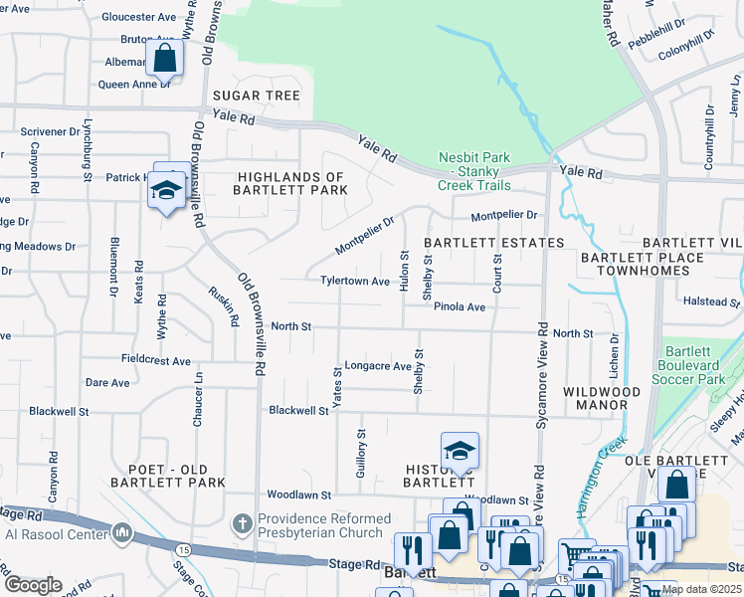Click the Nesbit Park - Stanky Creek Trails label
pyautogui.click(x=474, y=171)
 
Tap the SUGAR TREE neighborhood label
pyautogui.click(x=256, y=96)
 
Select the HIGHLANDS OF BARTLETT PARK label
pyautogui.click(x=289, y=183)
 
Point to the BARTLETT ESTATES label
pyautogui.click(x=494, y=243)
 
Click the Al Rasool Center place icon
pyautogui.click(x=122, y=532)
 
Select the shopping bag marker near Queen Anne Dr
pyautogui.click(x=165, y=59)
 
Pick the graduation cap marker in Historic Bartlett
pyautogui.click(x=460, y=452)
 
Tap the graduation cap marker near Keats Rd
pyautogui.click(x=167, y=188)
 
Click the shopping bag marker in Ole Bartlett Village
pyautogui.click(x=676, y=487)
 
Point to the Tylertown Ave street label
pyautogui.click(x=354, y=282)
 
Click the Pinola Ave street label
pyautogui.click(x=459, y=307)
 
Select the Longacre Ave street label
pyautogui.click(x=377, y=366)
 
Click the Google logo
pyautogui.click(x=33, y=584)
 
